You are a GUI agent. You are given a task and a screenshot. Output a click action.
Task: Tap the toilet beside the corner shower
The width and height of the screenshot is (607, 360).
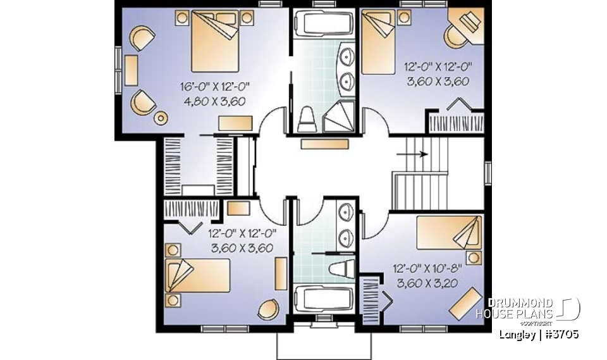click(307, 118)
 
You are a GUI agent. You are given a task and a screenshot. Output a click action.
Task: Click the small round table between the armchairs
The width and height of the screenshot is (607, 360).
click(161, 118)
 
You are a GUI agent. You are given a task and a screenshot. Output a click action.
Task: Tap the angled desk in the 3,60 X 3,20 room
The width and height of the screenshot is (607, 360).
click(464, 302)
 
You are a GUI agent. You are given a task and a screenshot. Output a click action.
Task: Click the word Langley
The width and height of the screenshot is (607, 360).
click(516, 333)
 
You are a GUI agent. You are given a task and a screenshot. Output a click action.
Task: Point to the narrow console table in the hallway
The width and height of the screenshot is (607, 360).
click(324, 144)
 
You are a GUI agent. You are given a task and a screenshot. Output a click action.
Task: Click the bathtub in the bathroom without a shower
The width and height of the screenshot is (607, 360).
click(323, 300)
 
